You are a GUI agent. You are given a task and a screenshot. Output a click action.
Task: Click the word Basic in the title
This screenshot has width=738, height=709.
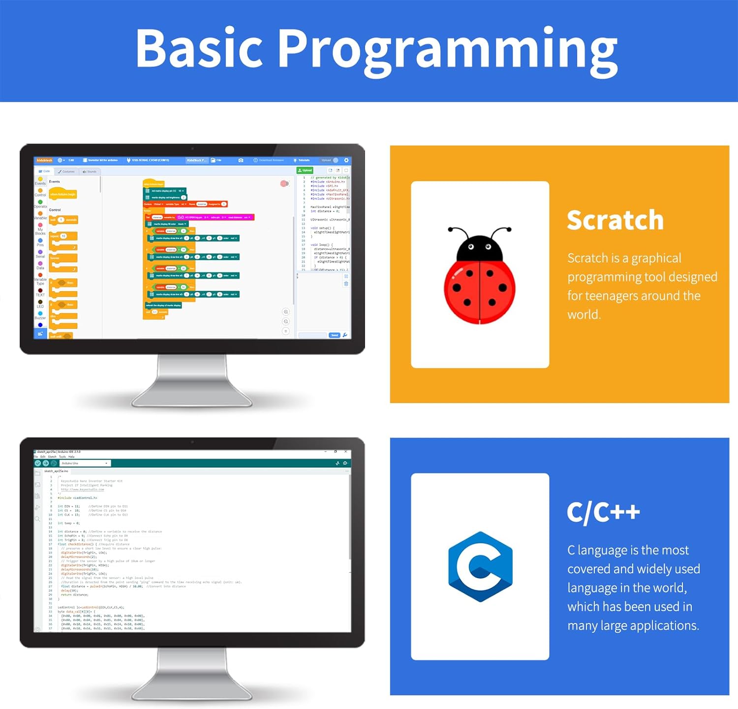pyautogui.click(x=199, y=48)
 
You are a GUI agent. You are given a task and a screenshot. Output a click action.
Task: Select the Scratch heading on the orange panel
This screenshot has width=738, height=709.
pyautogui.click(x=615, y=220)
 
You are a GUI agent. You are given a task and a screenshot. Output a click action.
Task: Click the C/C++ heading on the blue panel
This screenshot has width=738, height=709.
pyautogui.click(x=603, y=512)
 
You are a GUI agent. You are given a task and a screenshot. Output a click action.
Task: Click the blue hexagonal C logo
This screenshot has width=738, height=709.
pyautogui.click(x=480, y=566)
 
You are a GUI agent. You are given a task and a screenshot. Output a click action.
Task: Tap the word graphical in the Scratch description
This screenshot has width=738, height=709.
pyautogui.click(x=656, y=258)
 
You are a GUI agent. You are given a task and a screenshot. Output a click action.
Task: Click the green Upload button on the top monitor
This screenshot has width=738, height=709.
pyautogui.click(x=305, y=170)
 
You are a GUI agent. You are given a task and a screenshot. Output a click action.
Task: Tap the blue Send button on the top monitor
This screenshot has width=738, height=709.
pyautogui.click(x=335, y=335)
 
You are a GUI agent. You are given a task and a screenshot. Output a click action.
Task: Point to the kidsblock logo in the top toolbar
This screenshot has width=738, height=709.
pyautogui.click(x=44, y=160)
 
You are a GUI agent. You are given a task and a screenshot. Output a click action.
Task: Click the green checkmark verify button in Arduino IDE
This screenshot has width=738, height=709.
pyautogui.click(x=38, y=463)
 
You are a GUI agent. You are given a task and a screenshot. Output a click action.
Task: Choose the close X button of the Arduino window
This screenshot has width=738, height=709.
pyautogui.click(x=346, y=451)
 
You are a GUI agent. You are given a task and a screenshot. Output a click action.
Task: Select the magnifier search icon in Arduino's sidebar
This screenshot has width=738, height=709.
pyautogui.click(x=37, y=519)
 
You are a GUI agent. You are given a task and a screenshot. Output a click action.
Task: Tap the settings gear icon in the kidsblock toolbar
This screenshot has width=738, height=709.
pyautogui.click(x=346, y=160)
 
